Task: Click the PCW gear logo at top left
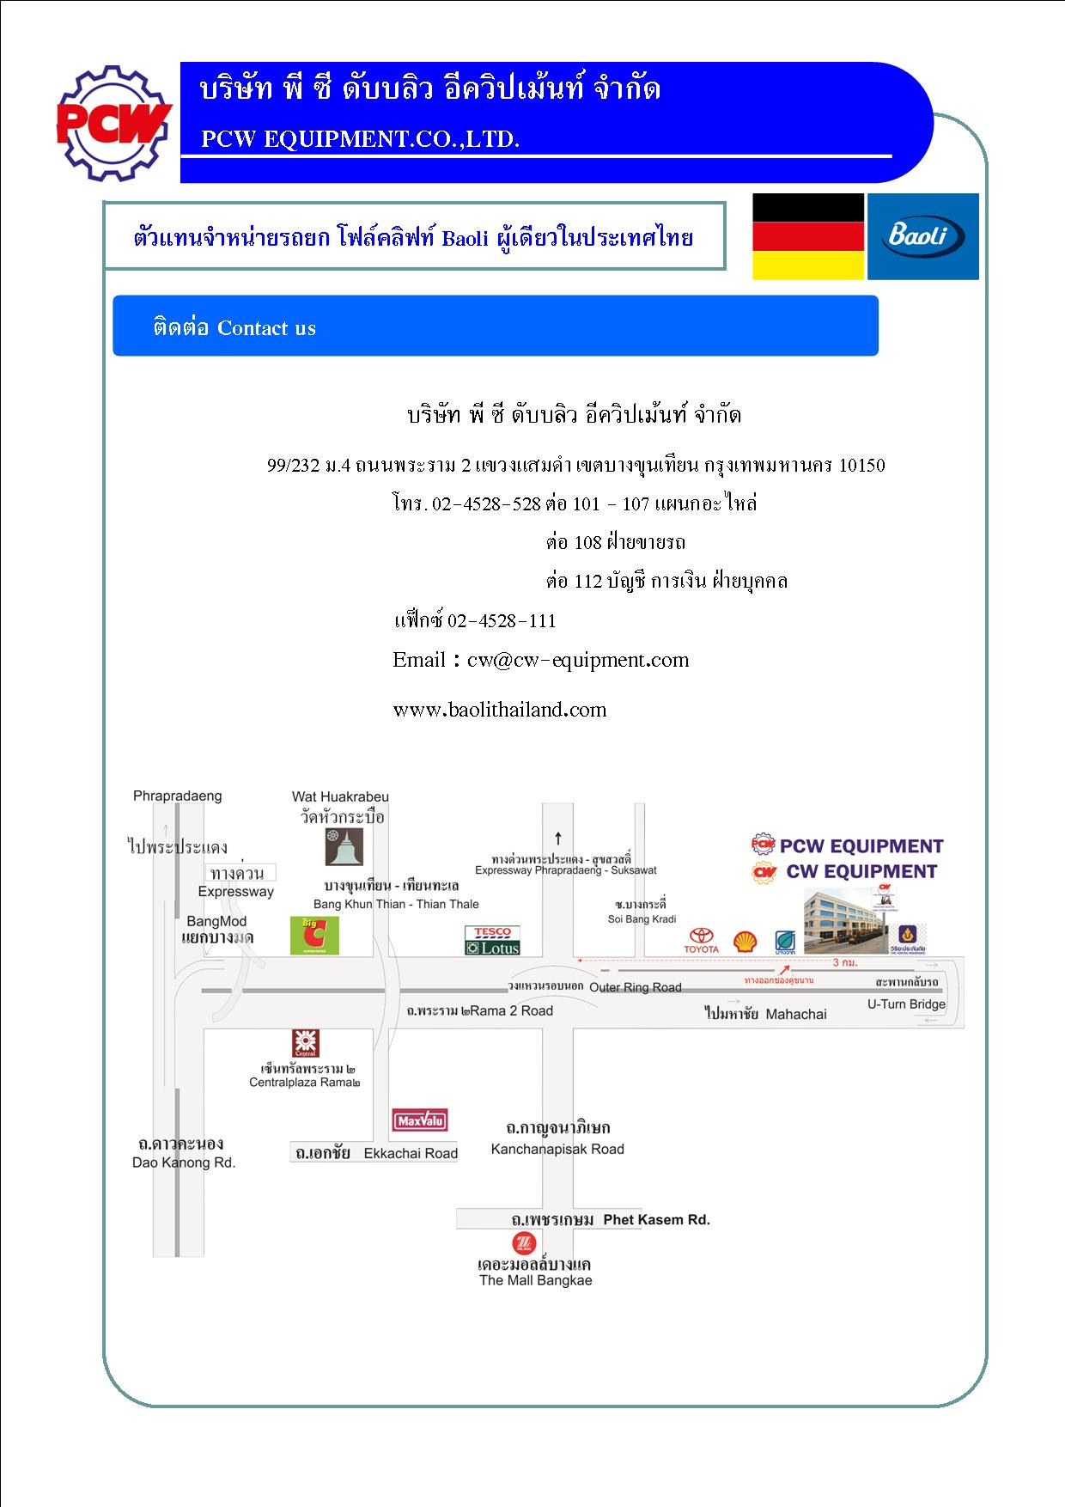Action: [x=113, y=122]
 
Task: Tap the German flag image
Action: [x=807, y=236]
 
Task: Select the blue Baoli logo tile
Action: [x=922, y=236]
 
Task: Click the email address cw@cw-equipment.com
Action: [x=578, y=660]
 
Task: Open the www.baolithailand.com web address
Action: [x=500, y=710]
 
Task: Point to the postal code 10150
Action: [x=861, y=466]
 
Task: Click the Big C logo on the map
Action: [x=315, y=936]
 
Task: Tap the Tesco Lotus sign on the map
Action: [x=492, y=940]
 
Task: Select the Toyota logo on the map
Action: [x=701, y=940]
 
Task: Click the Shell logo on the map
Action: [x=745, y=942]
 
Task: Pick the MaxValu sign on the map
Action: [x=420, y=1120]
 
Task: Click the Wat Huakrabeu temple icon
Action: [x=344, y=846]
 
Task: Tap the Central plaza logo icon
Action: [x=306, y=1042]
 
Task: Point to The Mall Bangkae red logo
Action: [x=522, y=1243]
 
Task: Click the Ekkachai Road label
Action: [x=411, y=1153]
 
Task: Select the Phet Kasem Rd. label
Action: [x=656, y=1219]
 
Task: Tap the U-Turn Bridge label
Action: [x=906, y=1004]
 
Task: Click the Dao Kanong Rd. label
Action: [x=184, y=1162]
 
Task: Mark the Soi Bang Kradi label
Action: [x=642, y=918]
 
